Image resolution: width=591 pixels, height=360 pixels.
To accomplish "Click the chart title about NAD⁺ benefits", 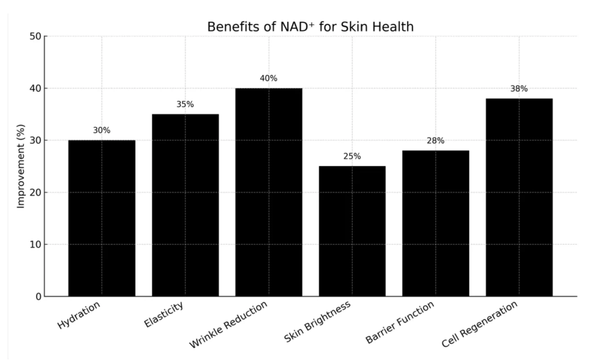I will coord(310,27).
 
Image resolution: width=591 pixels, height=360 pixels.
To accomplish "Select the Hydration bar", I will coord(102,218).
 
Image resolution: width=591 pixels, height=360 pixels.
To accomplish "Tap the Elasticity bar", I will coord(185,205).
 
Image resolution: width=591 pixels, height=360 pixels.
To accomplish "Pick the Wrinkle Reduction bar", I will coord(269,192).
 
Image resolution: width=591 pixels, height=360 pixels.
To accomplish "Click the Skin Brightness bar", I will coord(352,231).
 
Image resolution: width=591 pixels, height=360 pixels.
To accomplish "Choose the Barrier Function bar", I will coord(435,223).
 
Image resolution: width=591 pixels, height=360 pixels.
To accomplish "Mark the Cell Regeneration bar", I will coord(519,197).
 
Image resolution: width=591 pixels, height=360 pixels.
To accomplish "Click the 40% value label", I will coord(269,78).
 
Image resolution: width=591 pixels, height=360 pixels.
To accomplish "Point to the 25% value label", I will coord(352,157).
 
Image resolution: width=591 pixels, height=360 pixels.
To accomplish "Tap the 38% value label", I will coord(519,89).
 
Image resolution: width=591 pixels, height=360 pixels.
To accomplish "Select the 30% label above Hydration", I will coord(102,130).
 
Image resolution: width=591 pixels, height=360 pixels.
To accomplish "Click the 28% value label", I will coord(435,141).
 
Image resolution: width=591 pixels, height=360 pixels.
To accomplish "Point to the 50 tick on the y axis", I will coord(36,36).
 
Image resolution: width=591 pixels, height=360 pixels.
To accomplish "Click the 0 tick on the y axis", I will coord(38,297).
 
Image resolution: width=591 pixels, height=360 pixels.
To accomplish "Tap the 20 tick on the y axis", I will coord(36,193).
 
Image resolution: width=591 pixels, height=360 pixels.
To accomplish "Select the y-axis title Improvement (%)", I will coord(21,166).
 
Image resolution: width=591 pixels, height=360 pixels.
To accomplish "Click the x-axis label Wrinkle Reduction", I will coord(229,324).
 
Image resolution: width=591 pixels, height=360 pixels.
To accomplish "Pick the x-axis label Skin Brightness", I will coord(318,322).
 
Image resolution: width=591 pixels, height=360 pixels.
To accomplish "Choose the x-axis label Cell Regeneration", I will coord(479,324).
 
